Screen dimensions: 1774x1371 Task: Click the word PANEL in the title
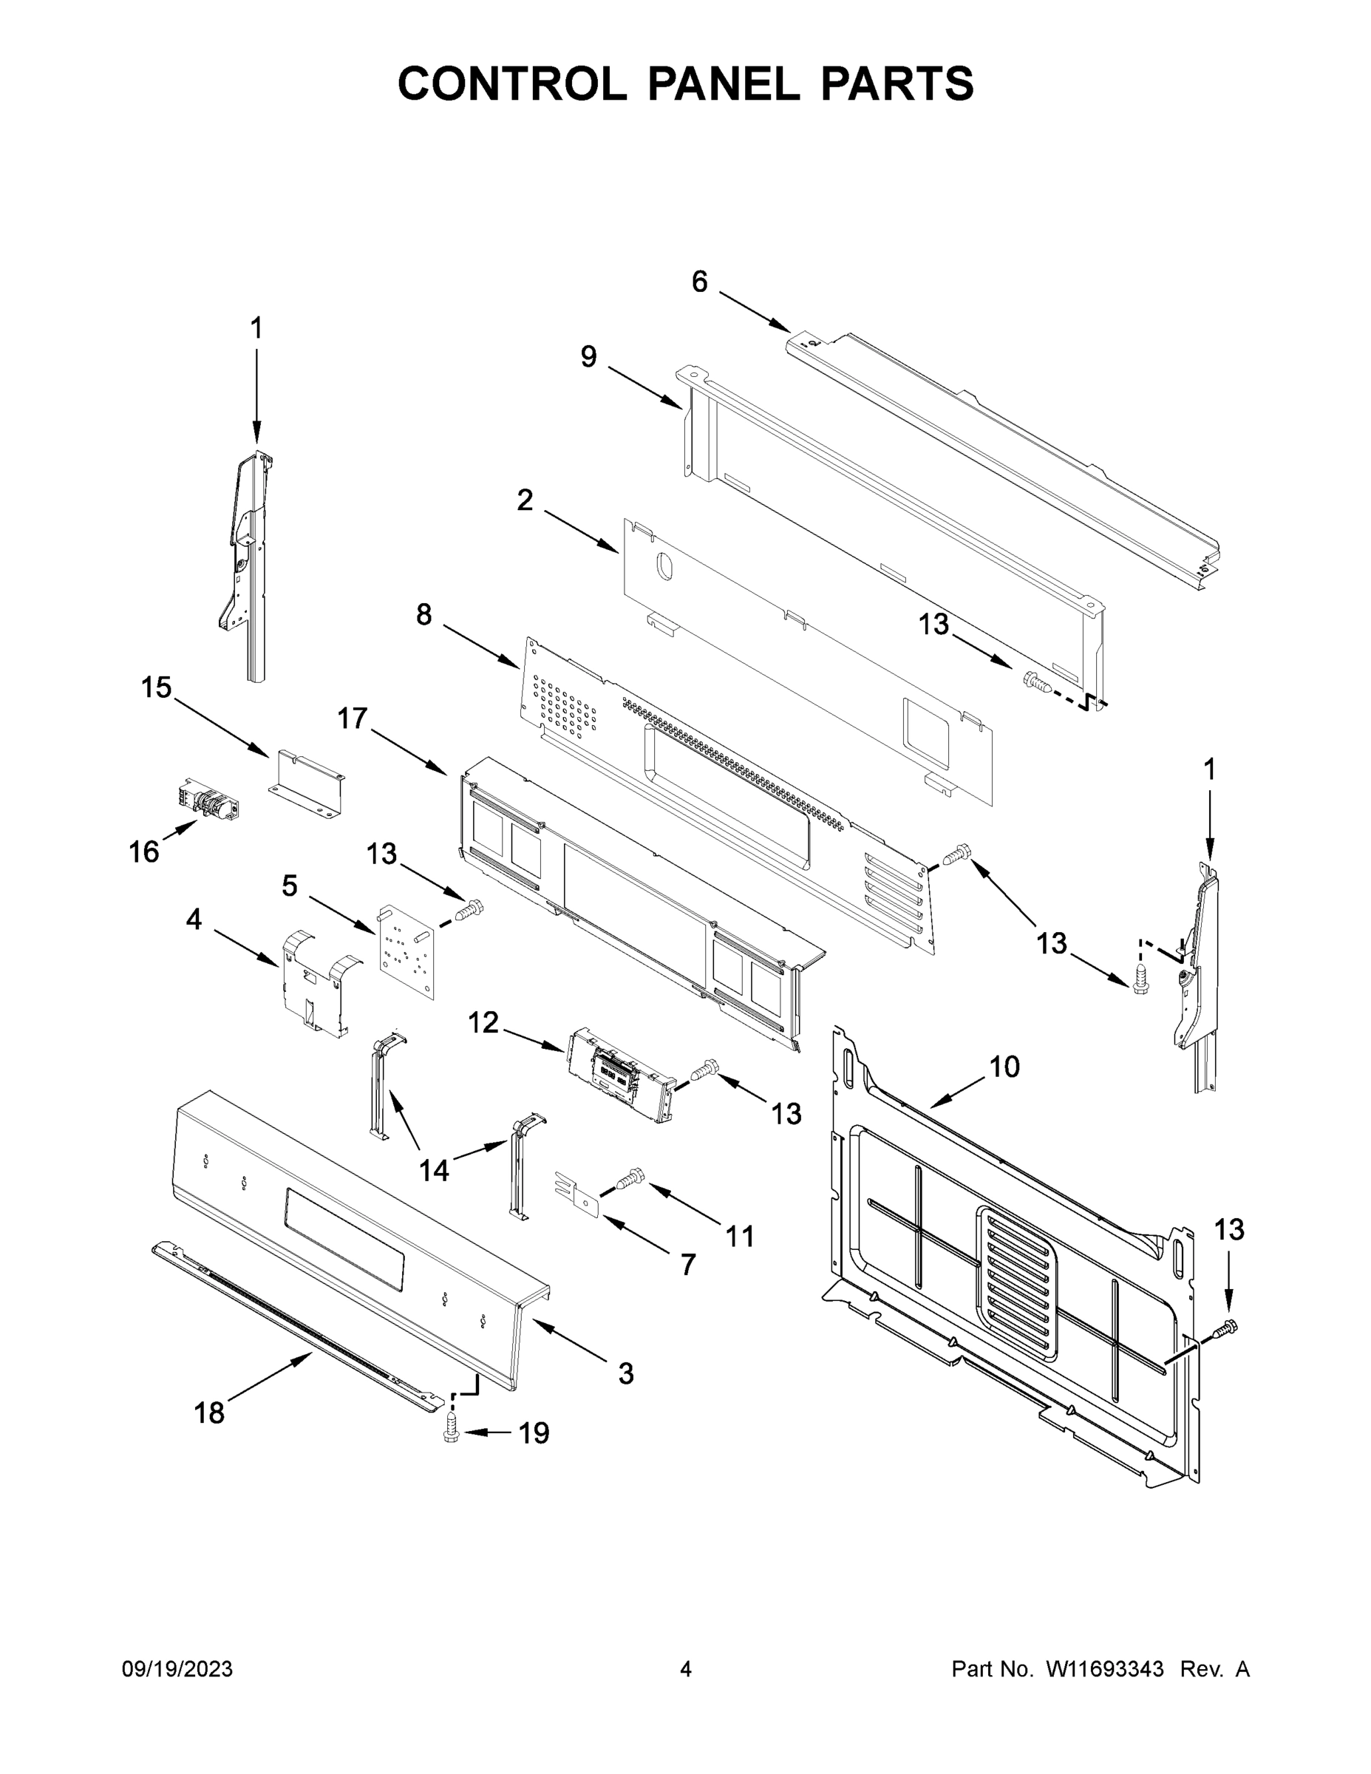[723, 84]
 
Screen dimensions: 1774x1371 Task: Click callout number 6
[699, 282]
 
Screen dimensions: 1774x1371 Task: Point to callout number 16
[144, 852]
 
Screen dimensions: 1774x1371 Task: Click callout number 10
[1004, 1066]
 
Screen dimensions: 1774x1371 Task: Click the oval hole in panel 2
[664, 566]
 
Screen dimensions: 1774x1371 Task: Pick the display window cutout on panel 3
[344, 1239]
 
